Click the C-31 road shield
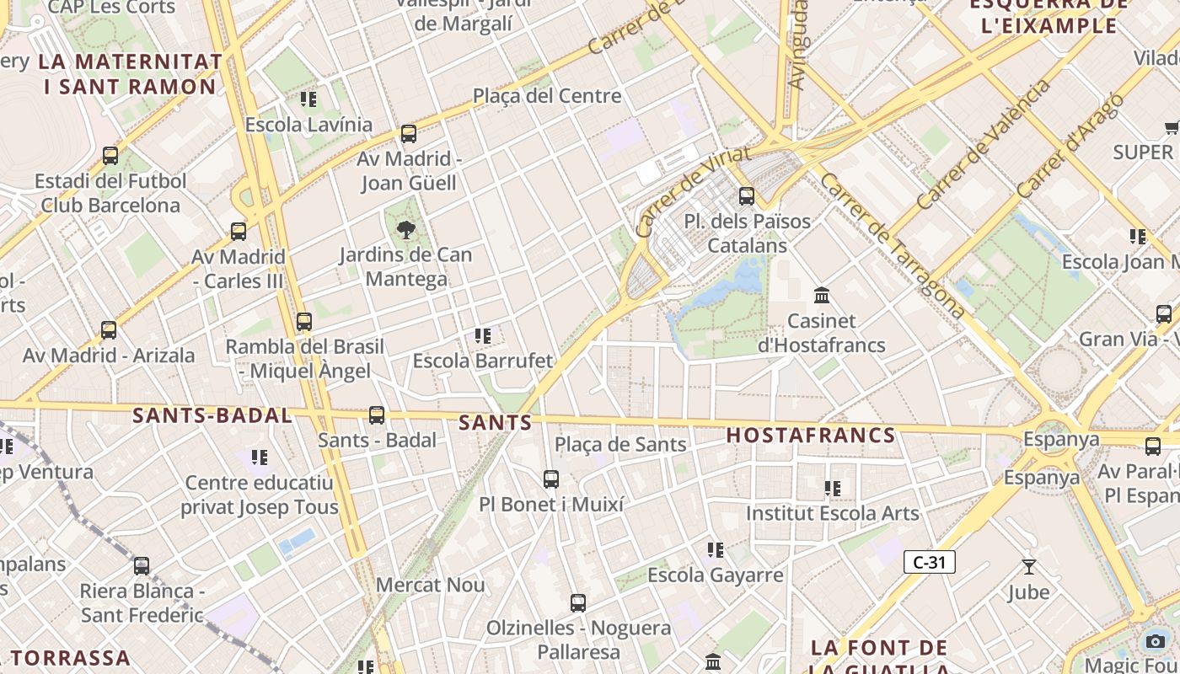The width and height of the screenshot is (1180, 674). [x=929, y=562]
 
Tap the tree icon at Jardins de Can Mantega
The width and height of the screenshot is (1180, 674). [x=406, y=229]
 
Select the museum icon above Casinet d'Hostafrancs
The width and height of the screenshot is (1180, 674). [x=822, y=295]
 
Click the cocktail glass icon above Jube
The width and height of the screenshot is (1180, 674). [x=1028, y=566]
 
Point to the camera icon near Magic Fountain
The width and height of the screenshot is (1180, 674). [x=1156, y=641]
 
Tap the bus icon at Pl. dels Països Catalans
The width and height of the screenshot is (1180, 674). [x=747, y=196]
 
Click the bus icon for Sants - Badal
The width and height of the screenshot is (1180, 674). [x=377, y=415]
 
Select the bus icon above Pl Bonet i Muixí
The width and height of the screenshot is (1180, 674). [x=551, y=479]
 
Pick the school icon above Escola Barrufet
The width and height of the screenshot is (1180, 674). [x=483, y=336]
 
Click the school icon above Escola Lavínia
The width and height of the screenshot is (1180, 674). [x=308, y=99]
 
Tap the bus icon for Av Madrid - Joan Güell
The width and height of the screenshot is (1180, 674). [x=409, y=133]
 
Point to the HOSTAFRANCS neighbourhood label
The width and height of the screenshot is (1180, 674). [x=811, y=436]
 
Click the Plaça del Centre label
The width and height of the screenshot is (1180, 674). [x=547, y=96]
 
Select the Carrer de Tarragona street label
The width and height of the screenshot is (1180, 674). [x=893, y=246]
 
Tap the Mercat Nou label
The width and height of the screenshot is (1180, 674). [x=430, y=585]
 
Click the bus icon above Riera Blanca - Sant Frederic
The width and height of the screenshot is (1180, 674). [x=142, y=565]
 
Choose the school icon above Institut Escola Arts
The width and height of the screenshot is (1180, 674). [x=833, y=488]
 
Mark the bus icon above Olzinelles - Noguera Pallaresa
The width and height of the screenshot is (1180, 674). [x=577, y=603]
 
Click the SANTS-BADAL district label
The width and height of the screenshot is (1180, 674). [x=212, y=415]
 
